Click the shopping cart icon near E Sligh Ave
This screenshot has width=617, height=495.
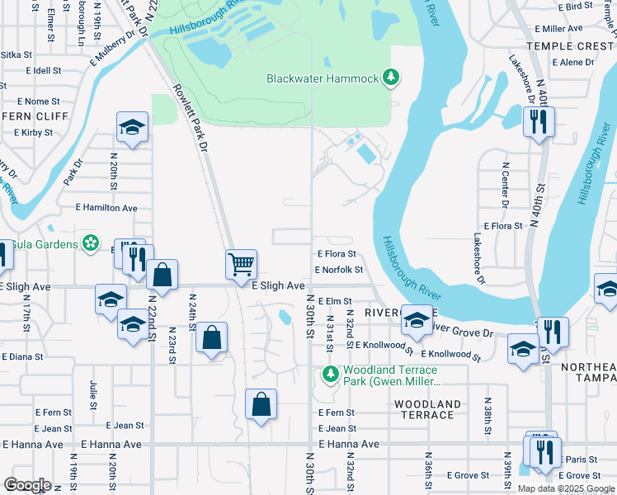pos(241,265)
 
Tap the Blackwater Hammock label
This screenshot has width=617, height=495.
pos(322,78)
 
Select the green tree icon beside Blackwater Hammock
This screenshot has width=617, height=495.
pos(391,78)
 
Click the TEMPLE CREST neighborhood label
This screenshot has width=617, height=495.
pos(570,47)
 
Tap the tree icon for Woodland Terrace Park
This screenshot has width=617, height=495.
pos(330,374)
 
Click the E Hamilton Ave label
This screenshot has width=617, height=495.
pos(106,208)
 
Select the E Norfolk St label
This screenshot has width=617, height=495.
pos(338,270)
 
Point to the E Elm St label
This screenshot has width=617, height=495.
pos(334,302)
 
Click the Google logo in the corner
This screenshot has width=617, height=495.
pos(27,484)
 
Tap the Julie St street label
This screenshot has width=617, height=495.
pos(92,394)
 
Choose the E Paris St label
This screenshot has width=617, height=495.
pos(582,459)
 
